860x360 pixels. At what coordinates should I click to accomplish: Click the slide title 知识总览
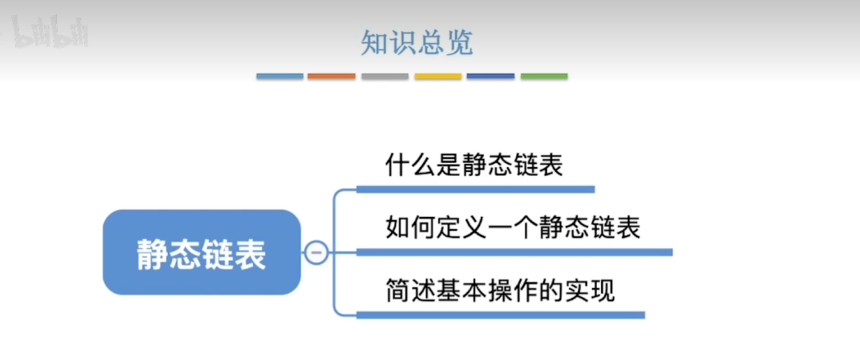click(x=417, y=42)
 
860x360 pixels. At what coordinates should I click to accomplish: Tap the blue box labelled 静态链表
click(x=202, y=252)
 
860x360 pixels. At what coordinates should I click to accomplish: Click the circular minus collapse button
click(x=316, y=252)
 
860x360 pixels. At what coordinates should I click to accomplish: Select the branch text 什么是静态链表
click(x=474, y=165)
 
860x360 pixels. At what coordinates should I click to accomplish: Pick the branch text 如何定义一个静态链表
click(x=513, y=227)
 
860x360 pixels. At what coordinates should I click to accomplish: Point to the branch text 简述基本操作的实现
click(x=500, y=290)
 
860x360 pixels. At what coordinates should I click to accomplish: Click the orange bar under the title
click(x=332, y=76)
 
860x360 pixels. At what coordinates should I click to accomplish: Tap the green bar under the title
click(x=544, y=76)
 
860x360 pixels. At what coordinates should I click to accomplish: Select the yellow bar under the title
click(x=438, y=76)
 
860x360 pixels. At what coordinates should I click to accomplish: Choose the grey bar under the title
click(x=385, y=76)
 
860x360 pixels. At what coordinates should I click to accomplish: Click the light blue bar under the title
click(x=280, y=76)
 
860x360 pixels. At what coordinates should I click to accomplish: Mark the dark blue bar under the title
click(x=491, y=76)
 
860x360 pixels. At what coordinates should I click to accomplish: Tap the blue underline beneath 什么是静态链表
click(x=476, y=189)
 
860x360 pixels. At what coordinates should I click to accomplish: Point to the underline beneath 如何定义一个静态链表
click(x=515, y=253)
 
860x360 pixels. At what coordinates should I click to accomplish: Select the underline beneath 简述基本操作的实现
click(x=501, y=315)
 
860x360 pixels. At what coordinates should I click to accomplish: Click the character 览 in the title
click(x=460, y=42)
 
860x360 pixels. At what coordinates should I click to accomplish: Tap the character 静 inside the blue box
click(x=152, y=254)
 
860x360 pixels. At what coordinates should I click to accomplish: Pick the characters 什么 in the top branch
click(x=410, y=165)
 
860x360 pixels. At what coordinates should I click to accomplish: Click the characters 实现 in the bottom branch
click(x=590, y=290)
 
